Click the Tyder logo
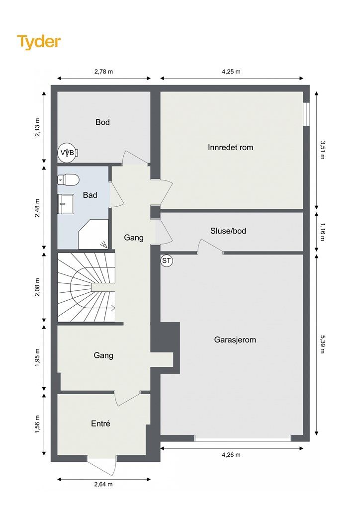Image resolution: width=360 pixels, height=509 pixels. tap(39, 42)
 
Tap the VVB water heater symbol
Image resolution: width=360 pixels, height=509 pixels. tap(68, 152)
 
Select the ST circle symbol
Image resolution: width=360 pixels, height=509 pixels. tap(167, 260)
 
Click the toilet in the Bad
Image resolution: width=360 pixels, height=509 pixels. tap(68, 180)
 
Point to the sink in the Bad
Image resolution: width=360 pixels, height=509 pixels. tap(65, 204)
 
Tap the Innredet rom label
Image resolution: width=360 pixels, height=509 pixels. tap(231, 147)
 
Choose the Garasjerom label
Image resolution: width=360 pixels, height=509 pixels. tap(235, 340)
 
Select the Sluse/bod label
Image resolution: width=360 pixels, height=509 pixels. tap(228, 231)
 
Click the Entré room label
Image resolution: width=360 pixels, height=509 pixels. tap(100, 424)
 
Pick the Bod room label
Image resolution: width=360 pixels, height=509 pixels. tap(102, 122)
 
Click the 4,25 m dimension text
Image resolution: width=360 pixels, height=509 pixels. tap(231, 72)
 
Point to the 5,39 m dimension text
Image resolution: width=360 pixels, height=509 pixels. tap(322, 344)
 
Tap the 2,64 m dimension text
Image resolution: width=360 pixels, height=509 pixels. tap(103, 484)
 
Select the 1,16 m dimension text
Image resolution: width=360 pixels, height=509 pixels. tap(322, 232)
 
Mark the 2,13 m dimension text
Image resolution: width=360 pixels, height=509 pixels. tap(37, 127)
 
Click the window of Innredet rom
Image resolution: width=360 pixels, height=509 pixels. tap(306, 114)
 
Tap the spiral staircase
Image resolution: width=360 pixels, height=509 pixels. tap(87, 287)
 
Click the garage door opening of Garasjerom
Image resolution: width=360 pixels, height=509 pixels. tap(243, 438)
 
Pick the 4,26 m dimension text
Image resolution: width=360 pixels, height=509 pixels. tap(231, 455)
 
